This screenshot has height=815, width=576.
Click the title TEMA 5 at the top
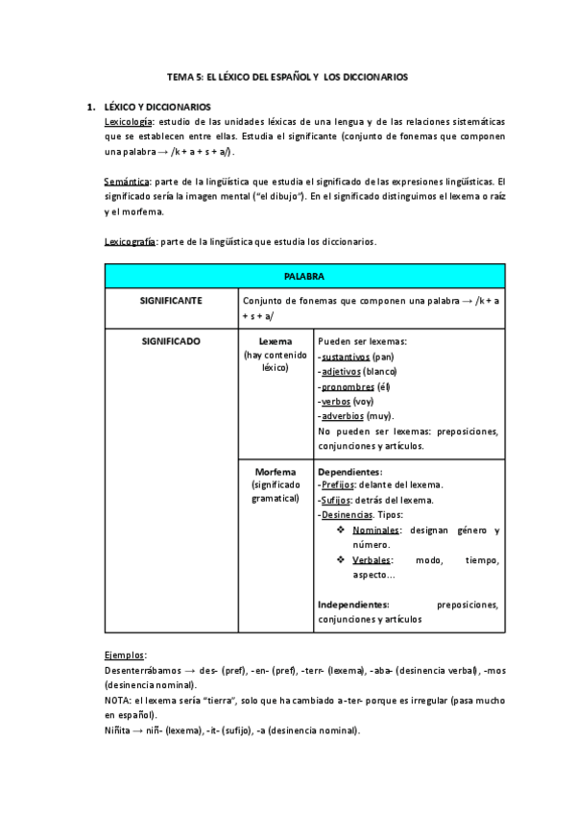[287, 77]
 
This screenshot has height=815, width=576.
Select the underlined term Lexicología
[129, 122]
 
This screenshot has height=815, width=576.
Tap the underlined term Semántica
[127, 182]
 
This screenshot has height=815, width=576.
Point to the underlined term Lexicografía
[131, 241]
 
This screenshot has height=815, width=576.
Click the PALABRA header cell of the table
[304, 277]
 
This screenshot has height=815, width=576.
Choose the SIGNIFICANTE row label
[171, 301]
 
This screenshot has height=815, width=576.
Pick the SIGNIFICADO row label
[171, 341]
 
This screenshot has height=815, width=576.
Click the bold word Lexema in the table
[276, 341]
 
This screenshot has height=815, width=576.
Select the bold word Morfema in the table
[276, 472]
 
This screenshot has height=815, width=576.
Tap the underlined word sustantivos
[346, 357]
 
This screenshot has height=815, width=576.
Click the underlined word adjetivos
[341, 371]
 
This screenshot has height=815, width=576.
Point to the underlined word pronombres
[348, 386]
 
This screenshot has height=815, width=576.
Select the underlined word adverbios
[343, 416]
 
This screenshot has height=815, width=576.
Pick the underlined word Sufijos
[337, 501]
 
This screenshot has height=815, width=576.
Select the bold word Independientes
[353, 605]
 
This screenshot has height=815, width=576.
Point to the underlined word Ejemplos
[125, 654]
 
